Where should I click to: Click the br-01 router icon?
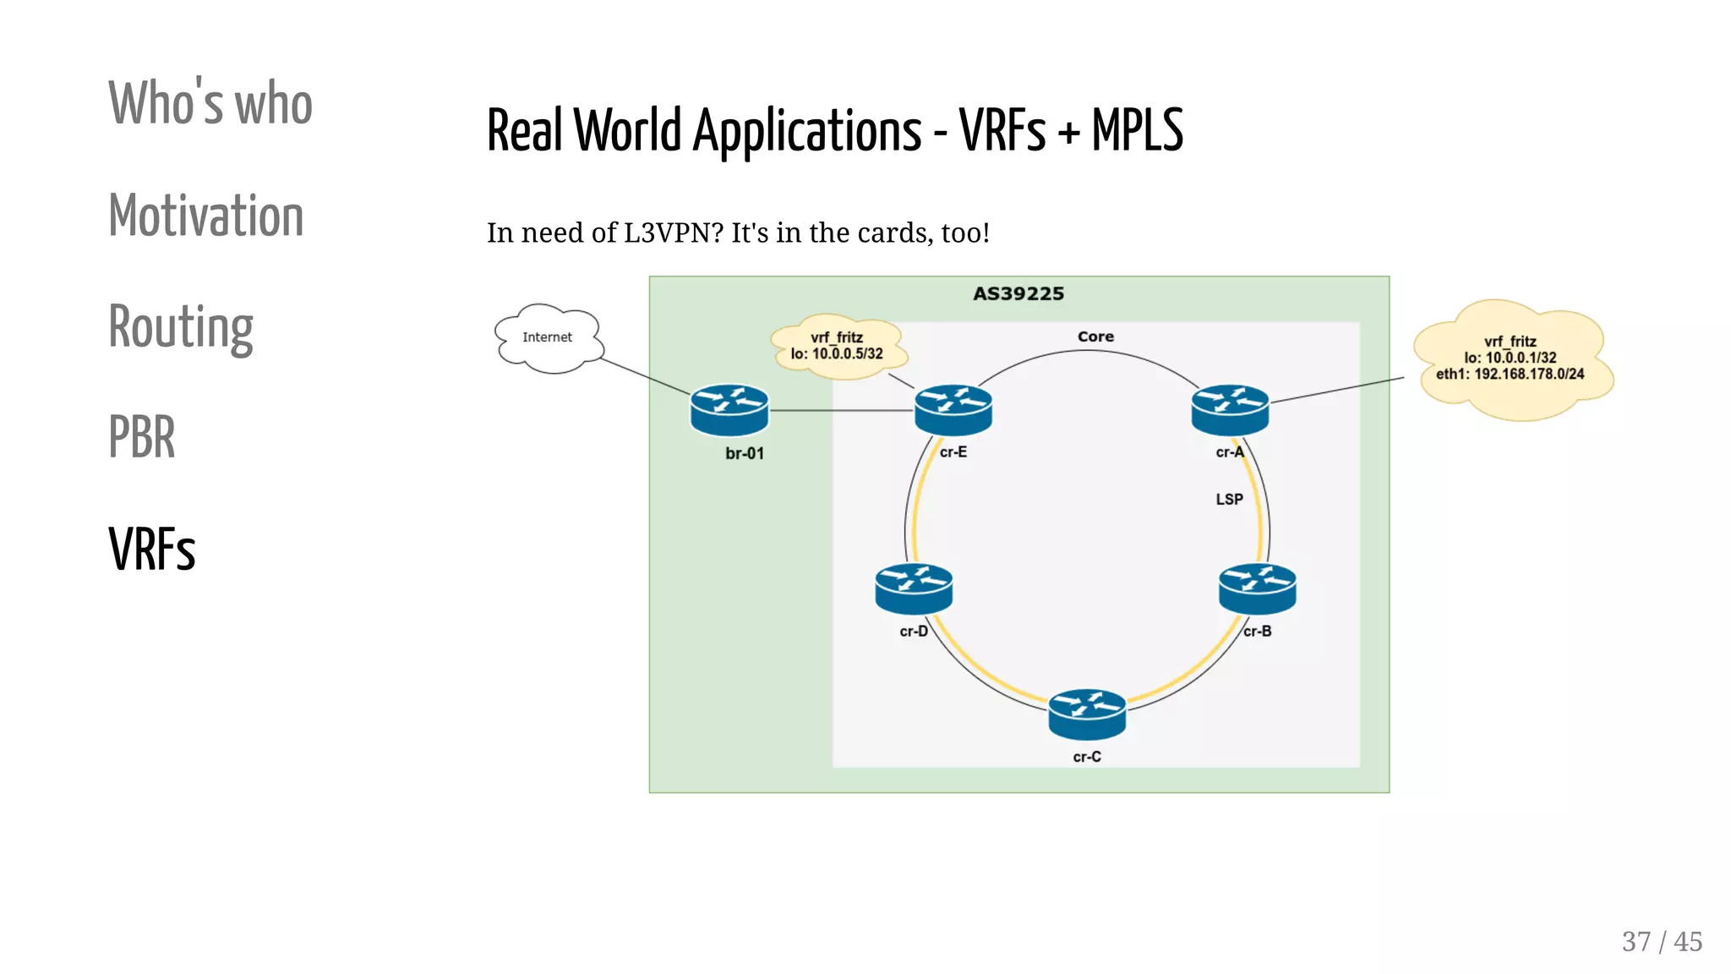click(729, 410)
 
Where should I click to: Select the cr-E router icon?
click(953, 410)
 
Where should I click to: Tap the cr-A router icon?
click(1230, 410)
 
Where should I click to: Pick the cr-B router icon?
click(1257, 589)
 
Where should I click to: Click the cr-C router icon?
click(1087, 715)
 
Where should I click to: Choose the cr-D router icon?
click(914, 589)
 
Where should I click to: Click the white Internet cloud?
click(549, 338)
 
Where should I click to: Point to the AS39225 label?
click(1018, 294)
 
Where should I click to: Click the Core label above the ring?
click(1095, 337)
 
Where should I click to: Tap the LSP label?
click(1229, 500)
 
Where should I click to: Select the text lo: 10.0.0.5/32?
click(837, 354)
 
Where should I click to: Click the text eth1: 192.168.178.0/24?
click(1510, 375)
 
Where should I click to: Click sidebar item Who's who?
click(210, 103)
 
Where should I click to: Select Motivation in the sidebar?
click(206, 216)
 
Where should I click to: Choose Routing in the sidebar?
click(181, 327)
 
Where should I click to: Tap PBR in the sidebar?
click(142, 438)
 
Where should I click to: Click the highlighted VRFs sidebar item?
click(152, 550)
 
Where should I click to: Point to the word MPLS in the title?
click(1137, 131)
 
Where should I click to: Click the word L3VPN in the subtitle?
click(673, 233)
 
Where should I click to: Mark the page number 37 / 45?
click(1661, 941)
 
